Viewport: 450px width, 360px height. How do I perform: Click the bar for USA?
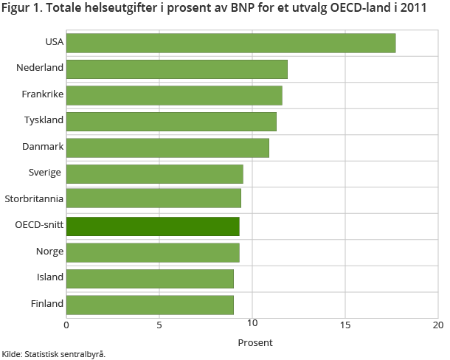pyautogui.click(x=231, y=43)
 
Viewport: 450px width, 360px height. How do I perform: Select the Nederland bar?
pyautogui.click(x=177, y=69)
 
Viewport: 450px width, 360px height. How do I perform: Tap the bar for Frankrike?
pyautogui.click(x=174, y=95)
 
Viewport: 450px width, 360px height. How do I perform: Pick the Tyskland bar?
pyautogui.click(x=171, y=121)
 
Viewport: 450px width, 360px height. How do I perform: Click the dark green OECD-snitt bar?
pyautogui.click(x=153, y=226)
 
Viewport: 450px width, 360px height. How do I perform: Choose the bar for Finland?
pyautogui.click(x=150, y=304)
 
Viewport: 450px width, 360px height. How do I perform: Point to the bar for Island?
pyautogui.click(x=150, y=278)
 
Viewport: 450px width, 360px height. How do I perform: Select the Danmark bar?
pyautogui.click(x=167, y=148)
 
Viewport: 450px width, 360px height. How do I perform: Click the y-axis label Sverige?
pyautogui.click(x=46, y=173)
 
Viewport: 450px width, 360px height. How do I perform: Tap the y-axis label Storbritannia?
pyautogui.click(x=34, y=199)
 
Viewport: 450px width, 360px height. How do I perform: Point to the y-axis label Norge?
pyautogui.click(x=49, y=252)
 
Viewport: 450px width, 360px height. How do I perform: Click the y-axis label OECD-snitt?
pyautogui.click(x=39, y=226)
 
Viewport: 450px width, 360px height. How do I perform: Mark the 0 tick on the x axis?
pyautogui.click(x=66, y=325)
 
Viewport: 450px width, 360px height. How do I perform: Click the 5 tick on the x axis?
pyautogui.click(x=159, y=325)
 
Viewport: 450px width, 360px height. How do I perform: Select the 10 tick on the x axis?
pyautogui.click(x=252, y=325)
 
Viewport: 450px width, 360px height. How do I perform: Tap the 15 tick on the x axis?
pyautogui.click(x=345, y=325)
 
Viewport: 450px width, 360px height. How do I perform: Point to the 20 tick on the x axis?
pyautogui.click(x=437, y=325)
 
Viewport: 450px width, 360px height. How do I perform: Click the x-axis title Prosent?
pyautogui.click(x=255, y=342)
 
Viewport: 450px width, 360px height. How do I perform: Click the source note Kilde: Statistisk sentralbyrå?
pyautogui.click(x=54, y=354)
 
